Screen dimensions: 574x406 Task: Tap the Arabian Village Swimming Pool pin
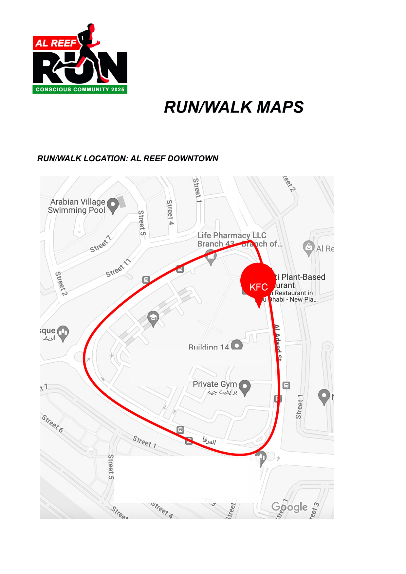(113, 205)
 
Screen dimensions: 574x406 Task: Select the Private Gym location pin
(245, 387)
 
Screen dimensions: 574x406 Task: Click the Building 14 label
(209, 347)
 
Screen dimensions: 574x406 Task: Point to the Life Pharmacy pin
(211, 256)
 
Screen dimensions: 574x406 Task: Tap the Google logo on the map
(289, 507)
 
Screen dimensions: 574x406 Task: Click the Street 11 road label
(118, 268)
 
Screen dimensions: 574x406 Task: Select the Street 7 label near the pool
(101, 244)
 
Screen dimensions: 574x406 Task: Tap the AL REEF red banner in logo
(56, 43)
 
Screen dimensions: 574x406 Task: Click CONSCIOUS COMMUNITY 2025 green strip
(80, 89)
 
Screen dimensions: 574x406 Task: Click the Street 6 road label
(52, 423)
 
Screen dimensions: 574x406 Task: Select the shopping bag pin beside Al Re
(308, 248)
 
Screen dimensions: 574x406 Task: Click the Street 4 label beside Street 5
(170, 212)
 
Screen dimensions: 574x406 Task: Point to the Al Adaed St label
(278, 342)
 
